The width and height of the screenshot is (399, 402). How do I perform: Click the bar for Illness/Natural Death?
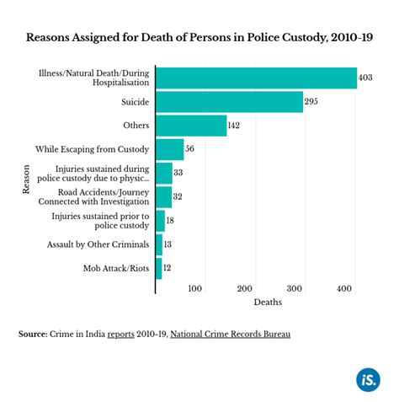[256, 78]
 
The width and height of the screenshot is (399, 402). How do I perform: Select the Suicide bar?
[229, 102]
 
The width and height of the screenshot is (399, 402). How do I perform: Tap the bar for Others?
[191, 126]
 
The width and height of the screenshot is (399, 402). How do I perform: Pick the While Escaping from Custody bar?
[169, 150]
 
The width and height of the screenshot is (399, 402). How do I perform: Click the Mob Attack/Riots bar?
[158, 269]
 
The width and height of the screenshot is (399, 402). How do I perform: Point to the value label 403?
[365, 78]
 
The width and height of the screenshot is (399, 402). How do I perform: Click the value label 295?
[311, 103]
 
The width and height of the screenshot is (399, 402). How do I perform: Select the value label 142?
[236, 126]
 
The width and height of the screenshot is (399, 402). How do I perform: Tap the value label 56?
[190, 150]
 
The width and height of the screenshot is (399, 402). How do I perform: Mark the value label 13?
[169, 245]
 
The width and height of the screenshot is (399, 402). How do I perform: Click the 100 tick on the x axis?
[195, 289]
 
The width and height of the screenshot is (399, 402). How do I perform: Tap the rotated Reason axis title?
[25, 180]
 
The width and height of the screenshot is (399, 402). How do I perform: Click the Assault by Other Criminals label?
[99, 245]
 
